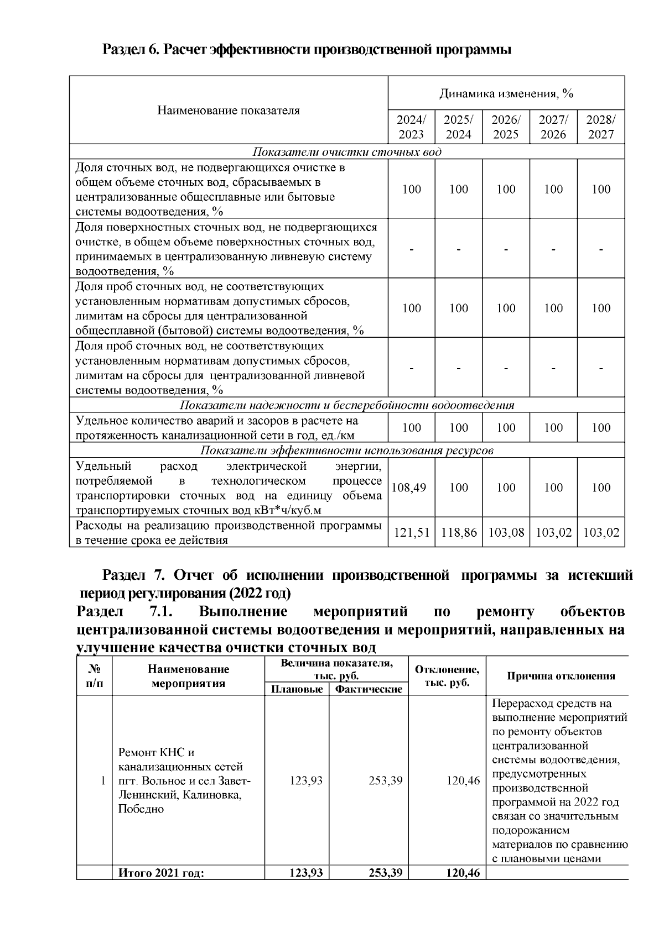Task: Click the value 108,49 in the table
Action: coord(411,488)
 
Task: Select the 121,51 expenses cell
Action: coord(411,533)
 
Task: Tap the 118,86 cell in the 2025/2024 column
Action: coord(459,533)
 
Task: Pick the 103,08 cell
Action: coord(506,533)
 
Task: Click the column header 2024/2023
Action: coord(411,127)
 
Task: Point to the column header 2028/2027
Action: coord(601,127)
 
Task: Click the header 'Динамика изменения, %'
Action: coord(506,93)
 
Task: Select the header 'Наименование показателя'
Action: coord(229,110)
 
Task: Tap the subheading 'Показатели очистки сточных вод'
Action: coord(347,152)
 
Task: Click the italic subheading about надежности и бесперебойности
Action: coord(347,405)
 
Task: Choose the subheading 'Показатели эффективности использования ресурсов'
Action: coord(347,450)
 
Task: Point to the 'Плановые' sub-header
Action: coord(297,689)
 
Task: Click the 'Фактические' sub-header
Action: coord(369,689)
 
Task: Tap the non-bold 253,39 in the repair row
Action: coord(385,781)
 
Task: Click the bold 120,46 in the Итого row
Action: coord(463,873)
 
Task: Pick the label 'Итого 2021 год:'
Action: coord(161,873)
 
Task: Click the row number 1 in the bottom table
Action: coord(103,781)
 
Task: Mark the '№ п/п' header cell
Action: coord(94,676)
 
